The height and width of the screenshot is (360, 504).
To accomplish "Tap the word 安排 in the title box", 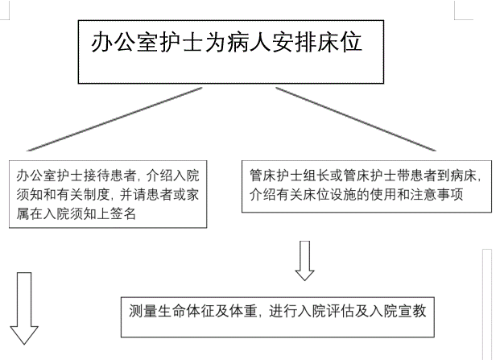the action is (x=294, y=42).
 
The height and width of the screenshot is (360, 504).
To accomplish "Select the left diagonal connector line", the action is (x=114, y=119).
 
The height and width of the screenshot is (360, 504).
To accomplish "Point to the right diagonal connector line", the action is (x=356, y=119).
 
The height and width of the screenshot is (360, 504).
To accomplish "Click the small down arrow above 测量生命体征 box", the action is (x=304, y=261).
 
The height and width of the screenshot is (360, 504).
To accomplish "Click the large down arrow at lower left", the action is (x=24, y=308).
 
